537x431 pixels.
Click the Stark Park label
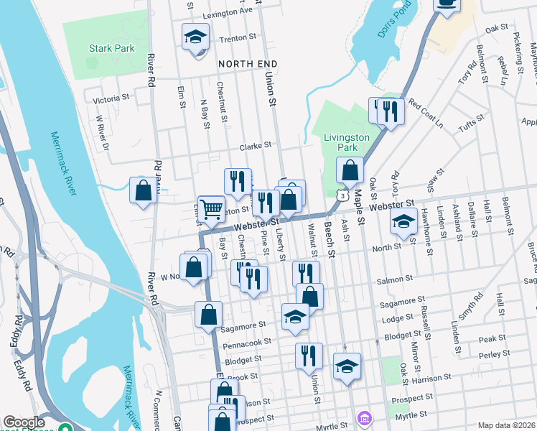pos(111,49)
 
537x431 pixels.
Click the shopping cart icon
pos(212,209)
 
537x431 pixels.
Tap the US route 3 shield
pos(345,195)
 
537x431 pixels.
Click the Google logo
pos(24,422)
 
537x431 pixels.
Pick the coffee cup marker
pos(447,4)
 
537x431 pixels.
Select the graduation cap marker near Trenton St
pos(194,37)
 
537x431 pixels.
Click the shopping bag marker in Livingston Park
pos(350,172)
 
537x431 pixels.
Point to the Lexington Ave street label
pos(228,11)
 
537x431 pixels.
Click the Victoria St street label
pos(111,96)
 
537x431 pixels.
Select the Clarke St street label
pos(255,144)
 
